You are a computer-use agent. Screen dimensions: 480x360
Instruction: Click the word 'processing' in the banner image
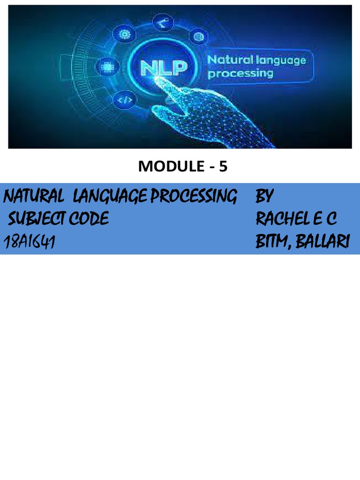pos(240,74)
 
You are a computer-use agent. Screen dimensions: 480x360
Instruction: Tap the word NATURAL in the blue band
pos(33,197)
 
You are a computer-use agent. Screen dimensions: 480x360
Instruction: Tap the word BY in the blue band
pos(264,196)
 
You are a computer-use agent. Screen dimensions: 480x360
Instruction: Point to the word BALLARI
pos(326,242)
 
